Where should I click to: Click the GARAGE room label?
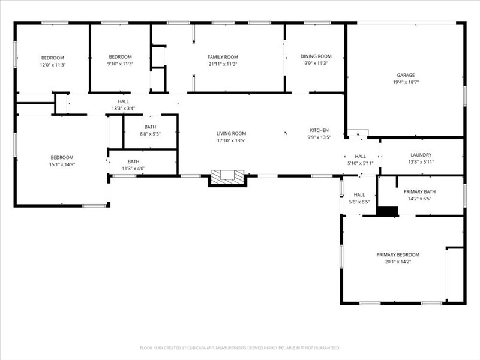click(x=405, y=75)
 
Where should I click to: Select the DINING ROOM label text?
click(x=316, y=56)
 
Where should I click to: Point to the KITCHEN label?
click(x=319, y=130)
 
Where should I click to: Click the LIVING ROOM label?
click(x=231, y=133)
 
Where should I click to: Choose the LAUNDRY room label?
click(x=421, y=155)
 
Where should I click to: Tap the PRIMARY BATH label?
click(x=419, y=191)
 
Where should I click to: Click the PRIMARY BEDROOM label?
click(x=398, y=254)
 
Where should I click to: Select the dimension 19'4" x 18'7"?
click(x=406, y=82)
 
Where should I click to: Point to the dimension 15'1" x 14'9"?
click(x=61, y=164)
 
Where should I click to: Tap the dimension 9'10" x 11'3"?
click(x=120, y=64)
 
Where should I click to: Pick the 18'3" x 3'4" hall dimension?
click(x=123, y=109)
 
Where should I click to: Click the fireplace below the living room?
click(x=227, y=177)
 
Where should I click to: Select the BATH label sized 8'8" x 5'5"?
click(x=150, y=127)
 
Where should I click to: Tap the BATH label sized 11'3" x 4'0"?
click(x=133, y=161)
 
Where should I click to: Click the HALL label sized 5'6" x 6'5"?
click(x=359, y=195)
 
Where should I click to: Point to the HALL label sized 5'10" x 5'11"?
click(x=360, y=156)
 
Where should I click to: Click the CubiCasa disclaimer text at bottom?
click(x=240, y=347)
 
